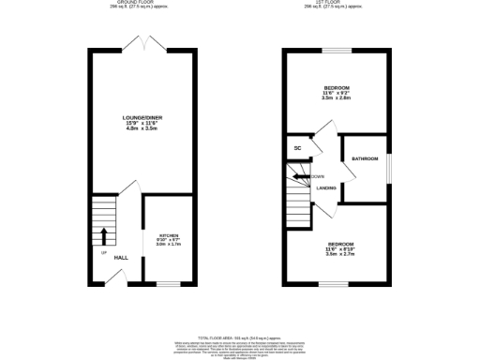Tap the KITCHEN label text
(168, 234)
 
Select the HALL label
(121, 258)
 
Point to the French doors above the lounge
(142, 44)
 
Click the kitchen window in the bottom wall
(168, 283)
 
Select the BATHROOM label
(365, 159)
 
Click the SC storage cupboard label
(297, 148)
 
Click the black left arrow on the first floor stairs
(300, 176)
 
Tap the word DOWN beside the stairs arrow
(319, 176)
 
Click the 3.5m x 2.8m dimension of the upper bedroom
(337, 97)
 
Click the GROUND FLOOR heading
(142, 2)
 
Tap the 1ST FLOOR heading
(337, 2)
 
